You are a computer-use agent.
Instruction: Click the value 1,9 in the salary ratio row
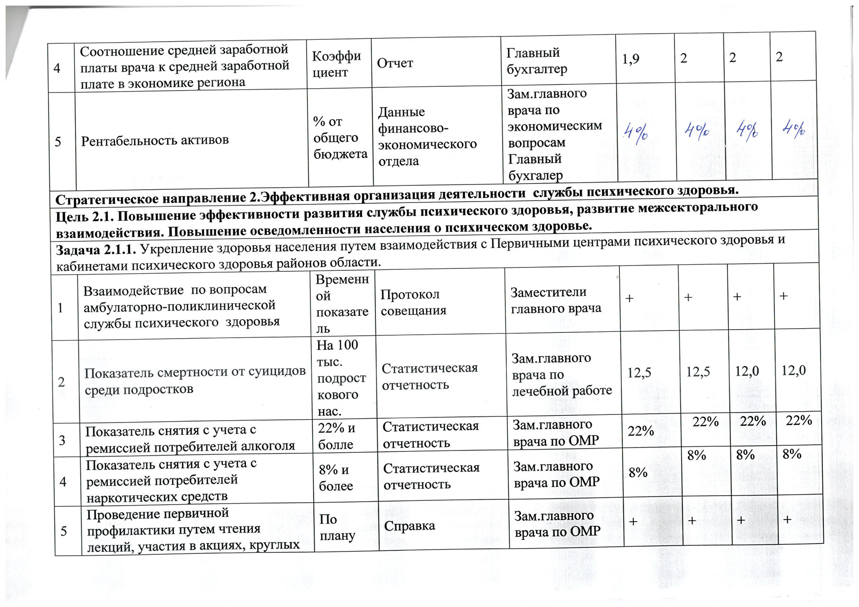tap(631, 59)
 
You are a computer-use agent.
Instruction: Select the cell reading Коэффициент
tap(336, 64)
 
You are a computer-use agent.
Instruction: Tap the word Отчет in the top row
tap(395, 63)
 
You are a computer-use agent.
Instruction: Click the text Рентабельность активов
tap(155, 140)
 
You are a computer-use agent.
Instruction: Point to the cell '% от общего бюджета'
tap(340, 138)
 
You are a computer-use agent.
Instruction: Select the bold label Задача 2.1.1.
tap(96, 250)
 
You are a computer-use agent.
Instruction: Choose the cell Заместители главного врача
tap(555, 301)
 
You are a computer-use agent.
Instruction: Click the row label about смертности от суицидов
tap(195, 381)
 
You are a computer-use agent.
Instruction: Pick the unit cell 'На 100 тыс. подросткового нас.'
tap(341, 378)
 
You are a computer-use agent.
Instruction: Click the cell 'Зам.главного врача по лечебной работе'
tap(561, 375)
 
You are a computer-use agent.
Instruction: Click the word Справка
tap(409, 526)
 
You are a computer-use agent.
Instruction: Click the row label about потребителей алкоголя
tap(190, 439)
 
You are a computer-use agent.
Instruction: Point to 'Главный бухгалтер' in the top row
tap(536, 61)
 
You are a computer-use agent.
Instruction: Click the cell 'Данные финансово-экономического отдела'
tap(427, 137)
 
